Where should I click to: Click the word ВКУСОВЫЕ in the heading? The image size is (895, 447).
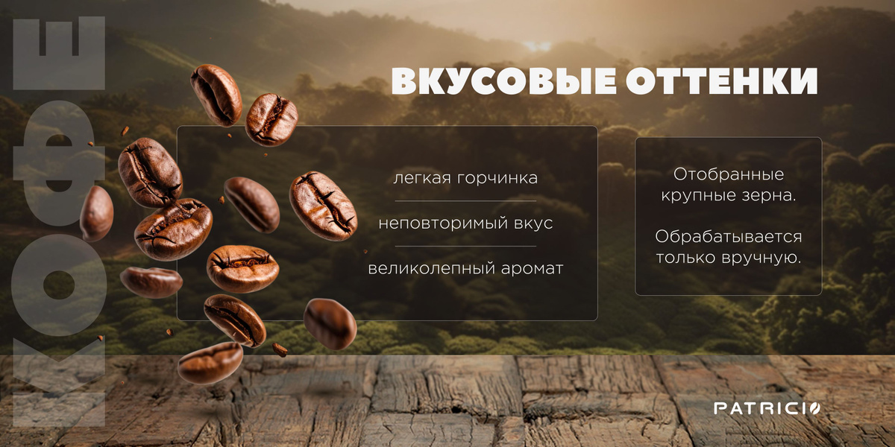tap(503, 81)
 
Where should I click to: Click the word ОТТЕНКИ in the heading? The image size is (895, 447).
tap(722, 81)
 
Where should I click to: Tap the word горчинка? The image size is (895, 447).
tap(497, 179)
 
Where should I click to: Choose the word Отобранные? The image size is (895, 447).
tap(729, 174)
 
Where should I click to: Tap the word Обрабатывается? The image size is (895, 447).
tap(729, 237)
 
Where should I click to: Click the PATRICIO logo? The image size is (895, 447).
tap(767, 408)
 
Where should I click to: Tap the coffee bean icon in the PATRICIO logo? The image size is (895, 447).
tap(814, 408)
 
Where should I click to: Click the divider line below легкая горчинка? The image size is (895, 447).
tap(465, 200)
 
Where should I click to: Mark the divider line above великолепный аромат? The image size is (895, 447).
tap(465, 247)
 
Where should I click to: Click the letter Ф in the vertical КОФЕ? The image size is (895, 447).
tap(59, 163)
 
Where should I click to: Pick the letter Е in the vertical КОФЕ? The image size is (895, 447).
tap(59, 53)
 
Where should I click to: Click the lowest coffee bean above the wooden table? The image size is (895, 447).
tap(210, 363)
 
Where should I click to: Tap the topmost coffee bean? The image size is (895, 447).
tap(216, 95)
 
